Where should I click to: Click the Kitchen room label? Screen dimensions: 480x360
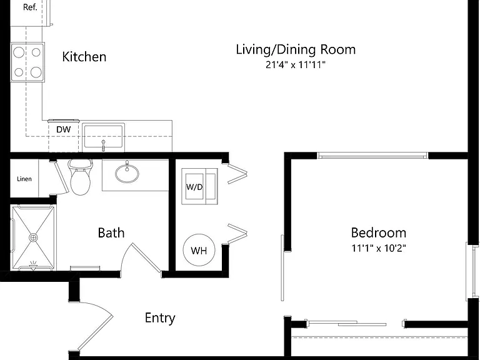click(84, 57)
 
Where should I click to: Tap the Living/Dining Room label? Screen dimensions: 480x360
click(296, 49)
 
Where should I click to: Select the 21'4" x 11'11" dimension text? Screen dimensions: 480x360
click(295, 65)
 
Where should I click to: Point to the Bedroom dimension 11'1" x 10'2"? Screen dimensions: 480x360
click(379, 248)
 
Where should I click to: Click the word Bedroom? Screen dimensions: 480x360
click(379, 233)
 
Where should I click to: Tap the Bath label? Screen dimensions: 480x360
click(111, 233)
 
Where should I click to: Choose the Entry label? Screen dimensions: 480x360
click(160, 318)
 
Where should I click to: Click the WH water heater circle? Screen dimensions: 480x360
click(199, 250)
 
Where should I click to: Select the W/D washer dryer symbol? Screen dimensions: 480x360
click(199, 186)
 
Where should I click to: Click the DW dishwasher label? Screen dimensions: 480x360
click(63, 129)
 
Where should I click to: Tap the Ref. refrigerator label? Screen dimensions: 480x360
click(30, 7)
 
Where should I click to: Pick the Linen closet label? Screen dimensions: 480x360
click(24, 179)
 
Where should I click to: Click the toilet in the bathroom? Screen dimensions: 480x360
click(81, 177)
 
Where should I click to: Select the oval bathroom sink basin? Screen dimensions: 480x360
click(127, 174)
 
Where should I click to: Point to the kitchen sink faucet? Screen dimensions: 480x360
click(104, 145)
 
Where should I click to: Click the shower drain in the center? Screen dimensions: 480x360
click(33, 237)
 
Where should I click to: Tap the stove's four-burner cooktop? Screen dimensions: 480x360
click(27, 62)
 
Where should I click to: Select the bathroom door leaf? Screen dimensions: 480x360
click(146, 257)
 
